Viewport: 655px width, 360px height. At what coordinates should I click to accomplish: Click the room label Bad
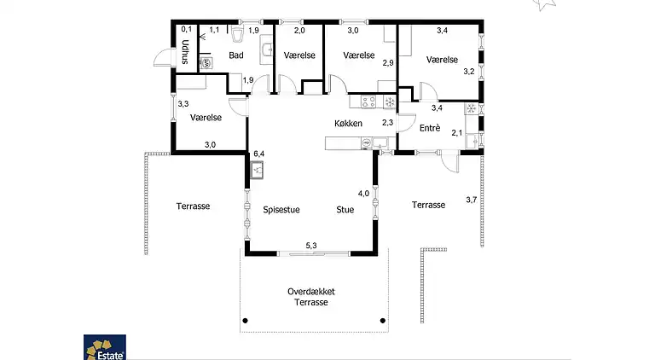236,55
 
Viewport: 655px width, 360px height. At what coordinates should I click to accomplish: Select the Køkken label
349,124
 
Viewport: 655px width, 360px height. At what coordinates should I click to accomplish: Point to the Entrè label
431,127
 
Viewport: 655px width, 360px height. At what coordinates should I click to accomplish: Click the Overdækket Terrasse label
311,296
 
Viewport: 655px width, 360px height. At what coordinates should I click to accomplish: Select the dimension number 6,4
259,154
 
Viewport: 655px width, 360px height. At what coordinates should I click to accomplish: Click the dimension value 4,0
363,194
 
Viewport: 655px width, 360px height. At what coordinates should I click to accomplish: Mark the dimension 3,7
472,200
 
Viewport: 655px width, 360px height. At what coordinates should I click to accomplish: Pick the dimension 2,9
387,63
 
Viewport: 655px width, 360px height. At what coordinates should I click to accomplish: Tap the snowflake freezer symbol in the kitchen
390,102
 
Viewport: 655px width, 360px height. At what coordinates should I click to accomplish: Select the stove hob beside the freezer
370,102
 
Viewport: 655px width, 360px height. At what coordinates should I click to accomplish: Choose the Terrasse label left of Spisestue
193,206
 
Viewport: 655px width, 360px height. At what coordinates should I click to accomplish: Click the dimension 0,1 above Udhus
185,30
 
